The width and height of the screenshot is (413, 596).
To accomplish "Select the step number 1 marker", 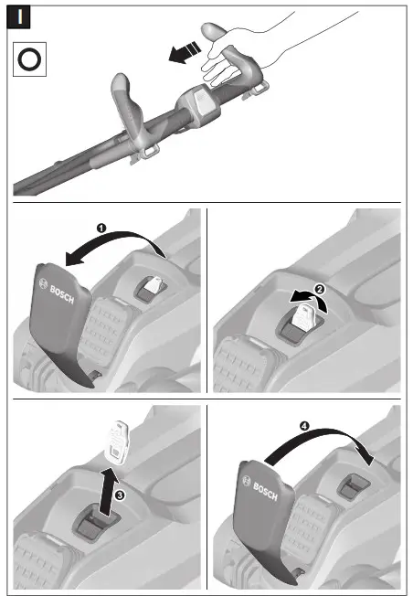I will coord(102,225).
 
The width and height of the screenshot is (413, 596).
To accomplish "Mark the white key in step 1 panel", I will coord(153,286).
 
